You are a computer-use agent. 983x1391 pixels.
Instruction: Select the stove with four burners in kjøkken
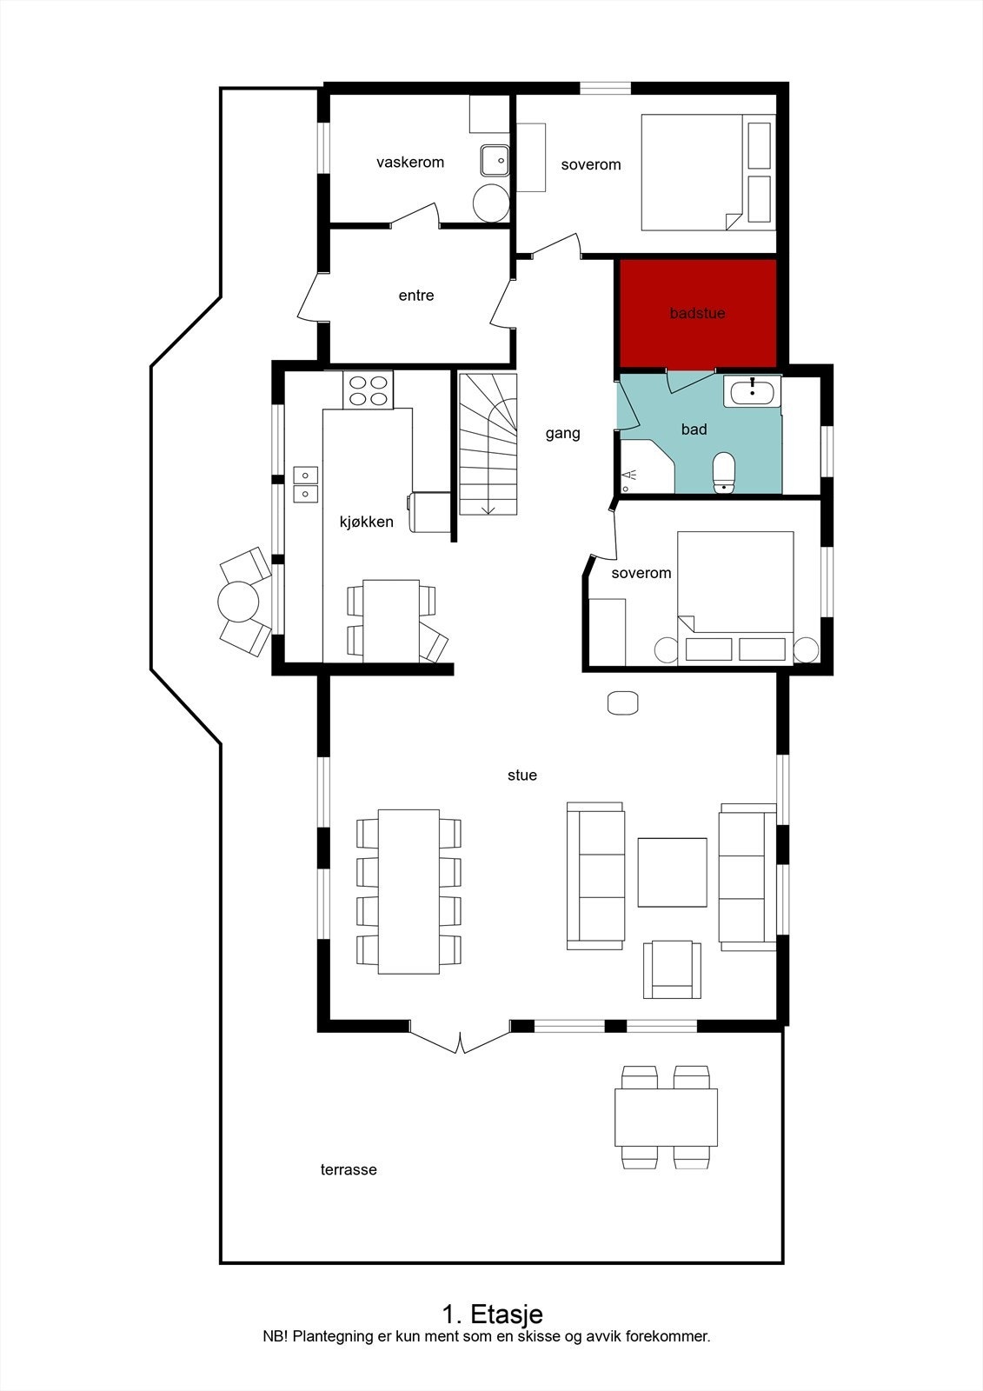tap(368, 389)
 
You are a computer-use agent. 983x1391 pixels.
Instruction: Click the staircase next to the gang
tap(488, 443)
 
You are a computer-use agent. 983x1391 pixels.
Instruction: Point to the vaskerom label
tap(410, 163)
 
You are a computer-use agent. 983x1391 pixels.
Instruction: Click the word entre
tap(416, 296)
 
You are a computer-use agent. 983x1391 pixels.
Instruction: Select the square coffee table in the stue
tap(672, 872)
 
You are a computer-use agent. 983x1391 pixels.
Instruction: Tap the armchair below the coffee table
tap(672, 968)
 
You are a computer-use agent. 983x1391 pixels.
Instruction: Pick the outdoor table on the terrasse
tap(666, 1117)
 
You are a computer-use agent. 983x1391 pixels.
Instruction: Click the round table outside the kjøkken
tap(238, 601)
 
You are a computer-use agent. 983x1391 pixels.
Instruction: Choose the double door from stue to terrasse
tap(461, 1039)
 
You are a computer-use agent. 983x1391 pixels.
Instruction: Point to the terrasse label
tap(349, 1170)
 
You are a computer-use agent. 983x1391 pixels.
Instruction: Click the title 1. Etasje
tap(492, 1313)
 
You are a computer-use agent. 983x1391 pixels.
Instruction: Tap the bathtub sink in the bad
tap(753, 391)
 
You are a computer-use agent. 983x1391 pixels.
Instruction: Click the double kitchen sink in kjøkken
tap(306, 484)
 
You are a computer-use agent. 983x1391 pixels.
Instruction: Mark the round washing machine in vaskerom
tap(491, 203)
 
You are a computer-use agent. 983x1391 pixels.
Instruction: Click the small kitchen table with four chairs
tap(391, 620)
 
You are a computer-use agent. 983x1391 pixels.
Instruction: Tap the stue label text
tap(522, 775)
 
